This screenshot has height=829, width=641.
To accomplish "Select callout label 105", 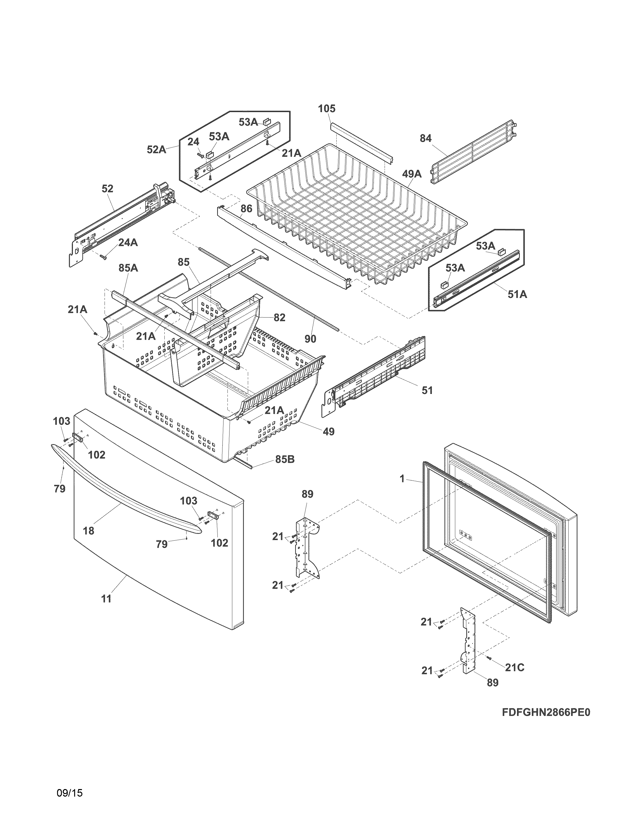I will click(x=327, y=109).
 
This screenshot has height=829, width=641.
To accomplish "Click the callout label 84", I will click(x=425, y=139).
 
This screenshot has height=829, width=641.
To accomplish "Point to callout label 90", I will click(x=310, y=339).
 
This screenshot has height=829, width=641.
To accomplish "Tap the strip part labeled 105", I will click(x=361, y=143).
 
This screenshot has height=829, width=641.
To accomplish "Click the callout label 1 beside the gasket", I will click(x=402, y=479).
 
